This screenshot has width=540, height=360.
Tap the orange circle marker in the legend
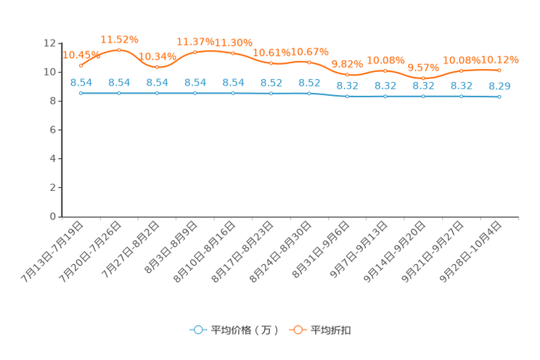(298, 330)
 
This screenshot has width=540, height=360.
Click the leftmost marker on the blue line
(81, 94)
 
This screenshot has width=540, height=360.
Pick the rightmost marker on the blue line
(499, 97)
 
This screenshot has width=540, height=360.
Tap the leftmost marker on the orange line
(81, 65)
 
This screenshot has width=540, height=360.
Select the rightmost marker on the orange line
(499, 70)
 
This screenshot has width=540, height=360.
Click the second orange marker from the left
(119, 49)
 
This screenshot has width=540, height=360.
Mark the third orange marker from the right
(423, 78)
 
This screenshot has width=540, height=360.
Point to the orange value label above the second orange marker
(119, 38)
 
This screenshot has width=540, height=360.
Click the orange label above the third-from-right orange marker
(423, 67)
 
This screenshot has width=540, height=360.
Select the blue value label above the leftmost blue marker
(81, 82)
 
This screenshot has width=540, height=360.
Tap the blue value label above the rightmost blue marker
(499, 86)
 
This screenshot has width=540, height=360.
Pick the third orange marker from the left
(157, 67)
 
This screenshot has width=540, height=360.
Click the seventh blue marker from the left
(309, 94)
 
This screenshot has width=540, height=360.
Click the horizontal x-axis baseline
(290, 216)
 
